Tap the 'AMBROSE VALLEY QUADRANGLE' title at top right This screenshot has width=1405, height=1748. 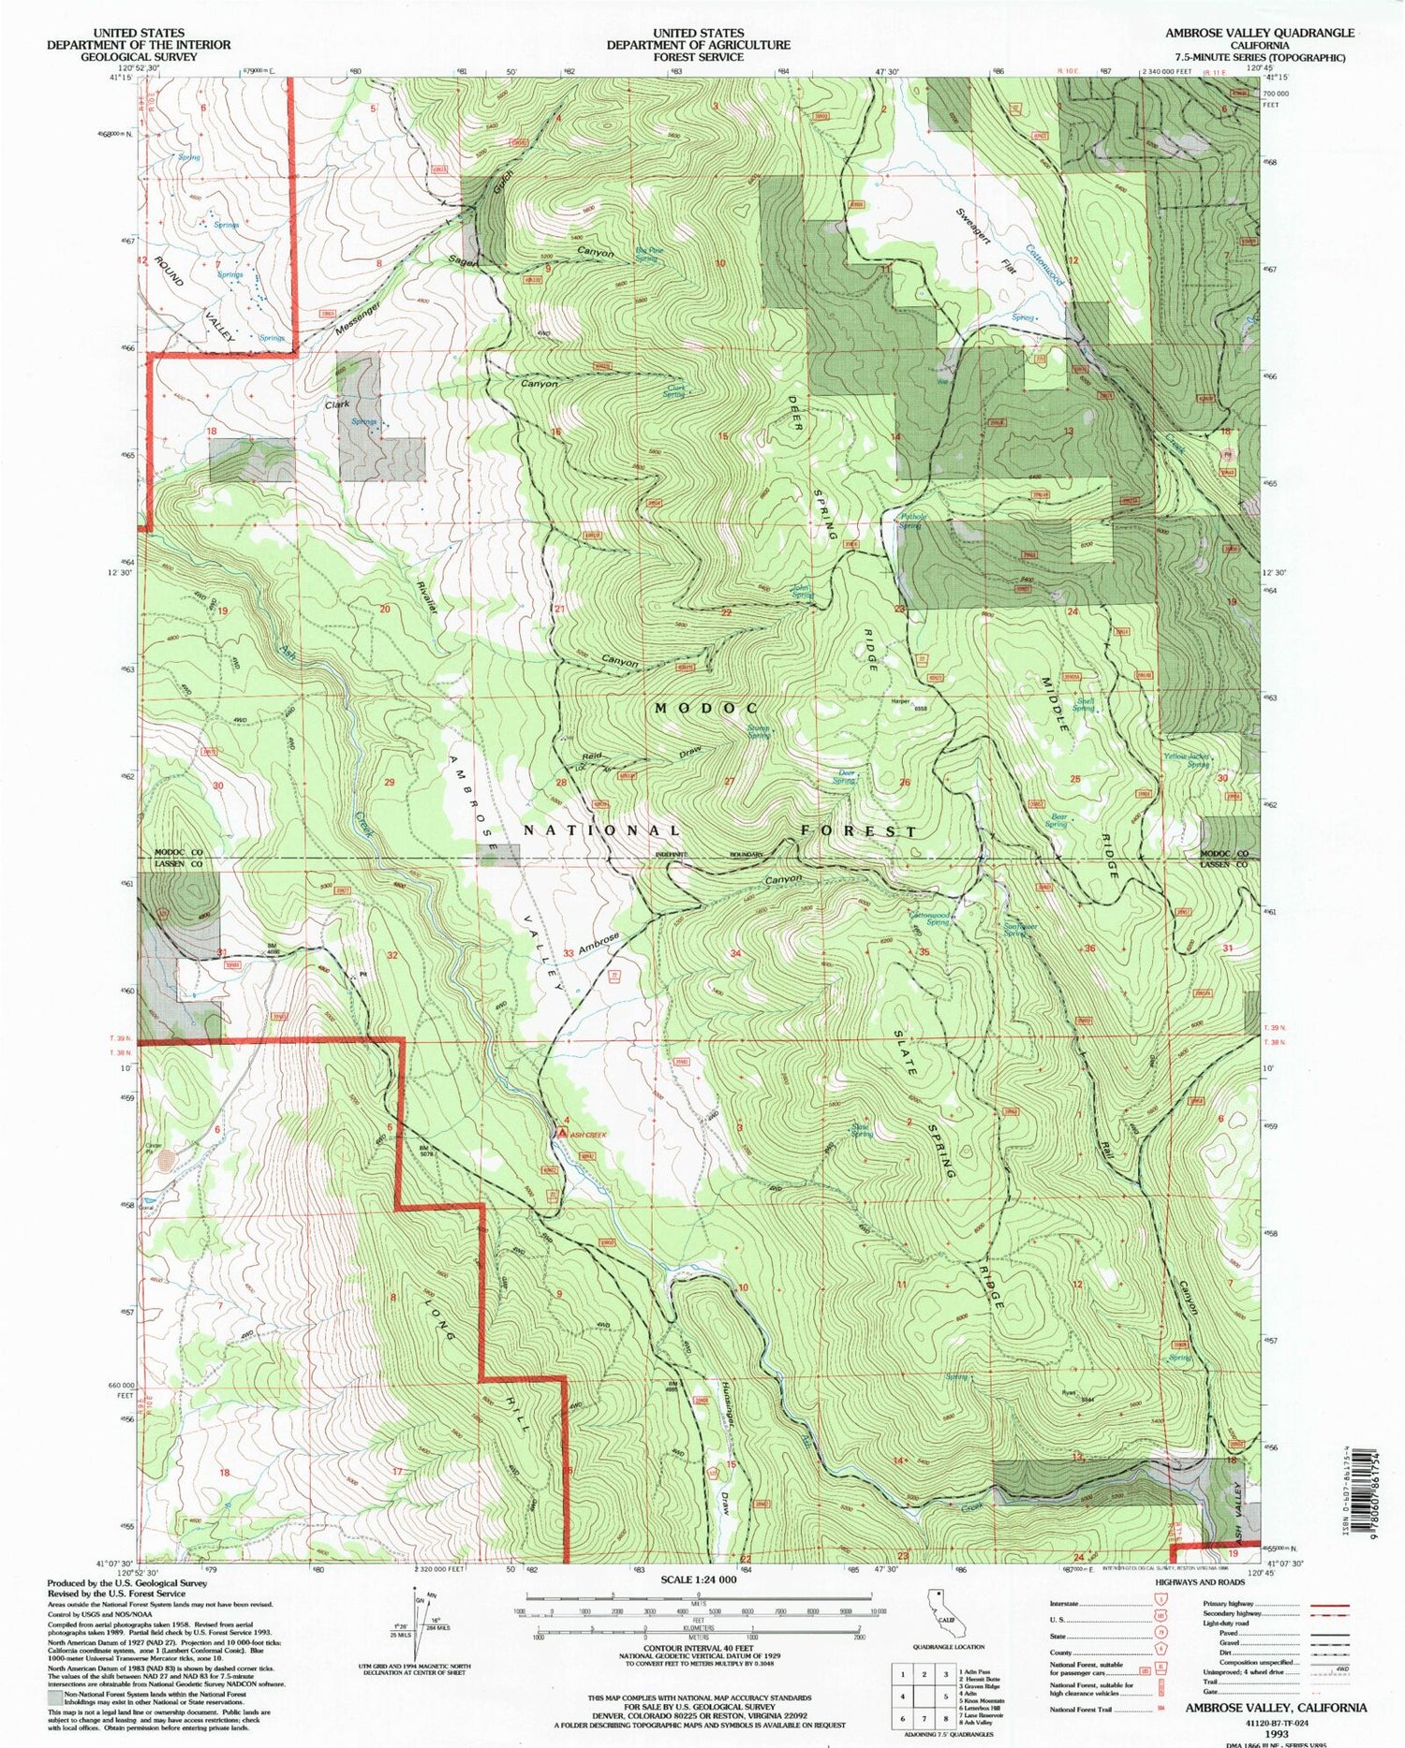1259,33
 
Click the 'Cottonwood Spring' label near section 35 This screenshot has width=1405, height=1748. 930,918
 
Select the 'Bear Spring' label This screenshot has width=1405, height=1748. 1057,820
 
